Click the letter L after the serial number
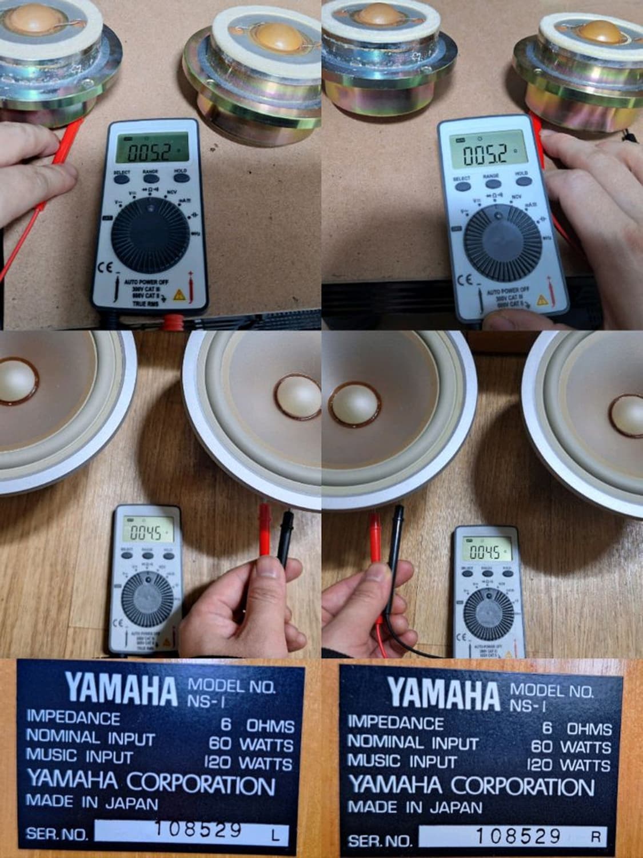pyautogui.click(x=275, y=837)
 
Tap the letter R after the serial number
pyautogui.click(x=596, y=837)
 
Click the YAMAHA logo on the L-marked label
pyautogui.click(x=121, y=689)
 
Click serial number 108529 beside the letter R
pyautogui.click(x=518, y=836)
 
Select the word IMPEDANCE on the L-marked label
pyautogui.click(x=74, y=717)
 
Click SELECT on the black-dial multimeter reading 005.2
pyautogui.click(x=121, y=172)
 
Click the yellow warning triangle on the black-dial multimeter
pyautogui.click(x=178, y=295)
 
